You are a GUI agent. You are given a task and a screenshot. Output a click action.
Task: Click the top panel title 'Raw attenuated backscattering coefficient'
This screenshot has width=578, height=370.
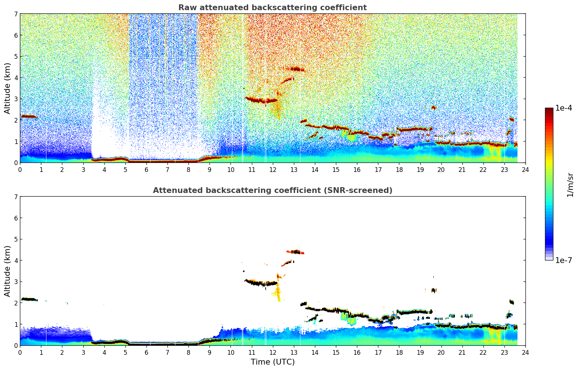[x=273, y=8]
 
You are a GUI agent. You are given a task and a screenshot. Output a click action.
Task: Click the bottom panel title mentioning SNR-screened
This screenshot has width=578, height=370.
[x=273, y=190]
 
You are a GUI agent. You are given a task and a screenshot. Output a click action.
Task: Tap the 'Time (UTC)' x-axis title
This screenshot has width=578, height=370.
[x=273, y=362]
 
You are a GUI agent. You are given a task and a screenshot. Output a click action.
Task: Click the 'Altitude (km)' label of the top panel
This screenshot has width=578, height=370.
[x=8, y=88]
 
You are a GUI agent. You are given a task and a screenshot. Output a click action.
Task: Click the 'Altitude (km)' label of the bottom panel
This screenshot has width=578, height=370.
[x=8, y=271]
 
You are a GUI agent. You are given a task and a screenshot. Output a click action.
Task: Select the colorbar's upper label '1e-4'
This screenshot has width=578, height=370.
[x=564, y=108]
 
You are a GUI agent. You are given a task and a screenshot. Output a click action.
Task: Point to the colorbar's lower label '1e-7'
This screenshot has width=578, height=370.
[x=564, y=260]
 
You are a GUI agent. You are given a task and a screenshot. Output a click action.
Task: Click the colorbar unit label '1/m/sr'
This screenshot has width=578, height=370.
[x=570, y=185]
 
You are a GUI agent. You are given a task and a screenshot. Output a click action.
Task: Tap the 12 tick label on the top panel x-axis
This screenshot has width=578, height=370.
[x=273, y=169]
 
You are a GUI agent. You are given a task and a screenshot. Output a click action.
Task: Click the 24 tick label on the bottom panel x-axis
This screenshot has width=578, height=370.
[x=525, y=352]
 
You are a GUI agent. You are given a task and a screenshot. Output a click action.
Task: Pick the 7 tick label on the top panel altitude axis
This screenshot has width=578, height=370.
[x=16, y=14]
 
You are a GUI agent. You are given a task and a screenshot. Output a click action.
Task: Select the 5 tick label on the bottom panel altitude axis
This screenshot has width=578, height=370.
[x=16, y=239]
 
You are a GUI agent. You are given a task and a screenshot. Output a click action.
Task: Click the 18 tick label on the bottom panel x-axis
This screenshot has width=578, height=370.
[x=399, y=352]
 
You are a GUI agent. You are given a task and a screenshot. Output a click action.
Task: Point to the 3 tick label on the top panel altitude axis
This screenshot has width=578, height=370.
[x=16, y=99]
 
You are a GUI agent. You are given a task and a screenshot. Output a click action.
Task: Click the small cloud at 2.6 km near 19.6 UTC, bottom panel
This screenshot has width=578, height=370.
[x=433, y=290]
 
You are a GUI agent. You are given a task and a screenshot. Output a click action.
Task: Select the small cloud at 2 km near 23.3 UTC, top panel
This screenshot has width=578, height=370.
[x=512, y=119]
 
